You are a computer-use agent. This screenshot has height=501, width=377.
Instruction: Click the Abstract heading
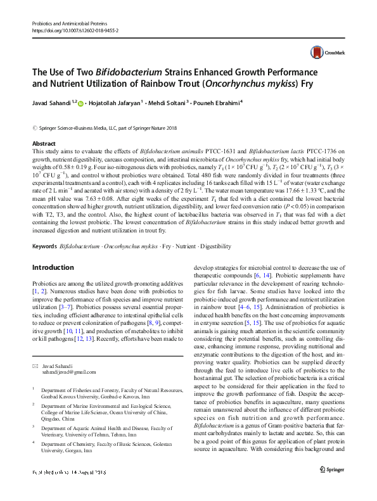(x=44, y=144)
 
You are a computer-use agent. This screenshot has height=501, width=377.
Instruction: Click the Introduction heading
(x=54, y=285)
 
